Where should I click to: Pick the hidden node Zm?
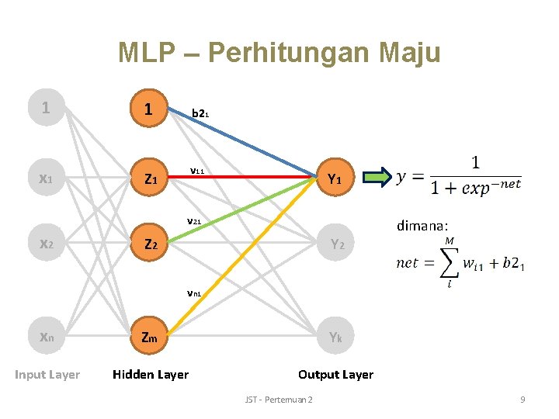pyautogui.click(x=149, y=338)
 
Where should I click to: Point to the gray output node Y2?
pyautogui.click(x=335, y=245)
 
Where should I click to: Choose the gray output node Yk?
pyautogui.click(x=335, y=338)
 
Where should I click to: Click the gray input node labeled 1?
pyautogui.click(x=46, y=109)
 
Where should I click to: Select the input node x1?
pyautogui.click(x=46, y=179)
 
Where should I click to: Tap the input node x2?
pyautogui.click(x=46, y=245)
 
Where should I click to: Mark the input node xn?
pyautogui.click(x=46, y=338)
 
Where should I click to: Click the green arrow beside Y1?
pyautogui.click(x=378, y=179)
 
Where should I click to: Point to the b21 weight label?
pyautogui.click(x=200, y=113)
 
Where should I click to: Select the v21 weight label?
pyautogui.click(x=194, y=221)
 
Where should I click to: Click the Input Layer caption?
pyautogui.click(x=47, y=375)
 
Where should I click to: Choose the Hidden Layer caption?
pyautogui.click(x=151, y=375)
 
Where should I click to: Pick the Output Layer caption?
pyautogui.click(x=335, y=375)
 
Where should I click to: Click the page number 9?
pyautogui.click(x=523, y=400)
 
